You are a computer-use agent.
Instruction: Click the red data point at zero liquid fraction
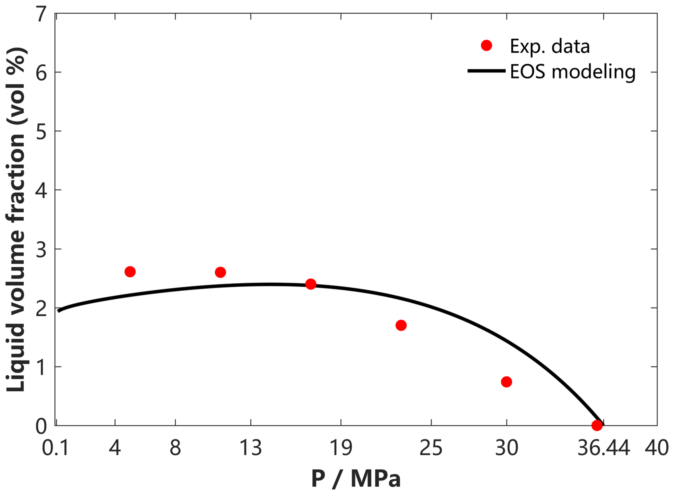pos(597,425)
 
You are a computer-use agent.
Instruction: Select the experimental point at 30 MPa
pos(506,382)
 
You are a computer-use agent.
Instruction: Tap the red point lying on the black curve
pos(311,284)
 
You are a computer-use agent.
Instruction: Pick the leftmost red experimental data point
pos(130,271)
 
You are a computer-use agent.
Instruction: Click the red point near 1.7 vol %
pos(401,325)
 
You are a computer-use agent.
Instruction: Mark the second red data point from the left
pos(220,272)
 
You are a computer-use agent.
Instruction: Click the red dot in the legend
pos(486,46)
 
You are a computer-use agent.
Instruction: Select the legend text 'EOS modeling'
pos(573,72)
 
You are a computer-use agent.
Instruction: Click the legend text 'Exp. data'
pos(550,47)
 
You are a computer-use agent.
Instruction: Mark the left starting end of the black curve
pos(59,311)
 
